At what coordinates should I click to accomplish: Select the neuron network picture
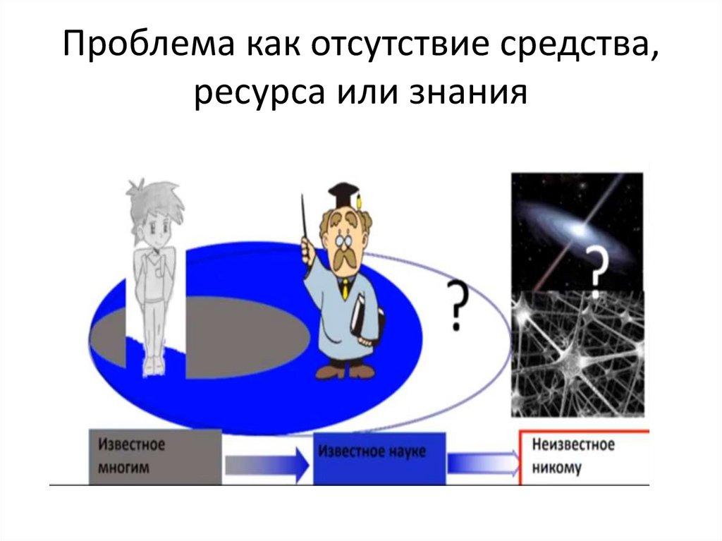click(577, 353)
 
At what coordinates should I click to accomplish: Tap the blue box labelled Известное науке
click(380, 456)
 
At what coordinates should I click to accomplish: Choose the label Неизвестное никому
click(573, 456)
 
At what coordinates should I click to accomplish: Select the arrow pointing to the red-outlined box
click(482, 463)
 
